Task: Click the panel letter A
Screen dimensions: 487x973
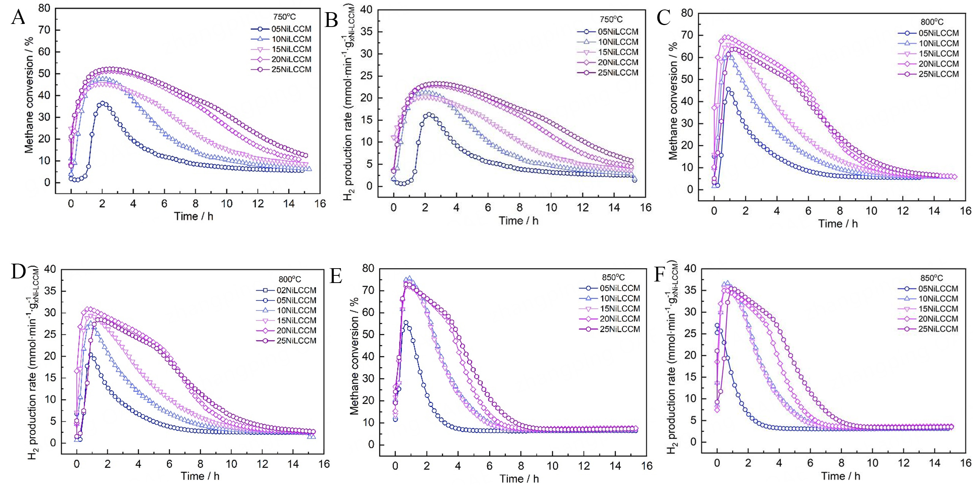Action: pos(18,17)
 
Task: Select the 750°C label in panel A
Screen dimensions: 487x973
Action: pos(284,17)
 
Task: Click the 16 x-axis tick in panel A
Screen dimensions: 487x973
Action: pos(320,204)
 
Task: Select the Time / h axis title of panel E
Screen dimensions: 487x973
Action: pos(519,479)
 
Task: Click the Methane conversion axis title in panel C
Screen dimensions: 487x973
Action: pos(673,101)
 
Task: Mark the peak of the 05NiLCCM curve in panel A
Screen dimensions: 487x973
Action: pos(103,103)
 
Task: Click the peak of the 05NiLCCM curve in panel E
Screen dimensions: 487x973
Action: pos(406,323)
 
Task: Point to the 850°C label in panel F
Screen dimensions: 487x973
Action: pos(932,278)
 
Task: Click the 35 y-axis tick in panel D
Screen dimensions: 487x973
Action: pos(50,291)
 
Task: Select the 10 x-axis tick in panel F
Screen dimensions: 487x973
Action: pos(872,463)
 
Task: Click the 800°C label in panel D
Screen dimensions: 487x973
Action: pos(290,280)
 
